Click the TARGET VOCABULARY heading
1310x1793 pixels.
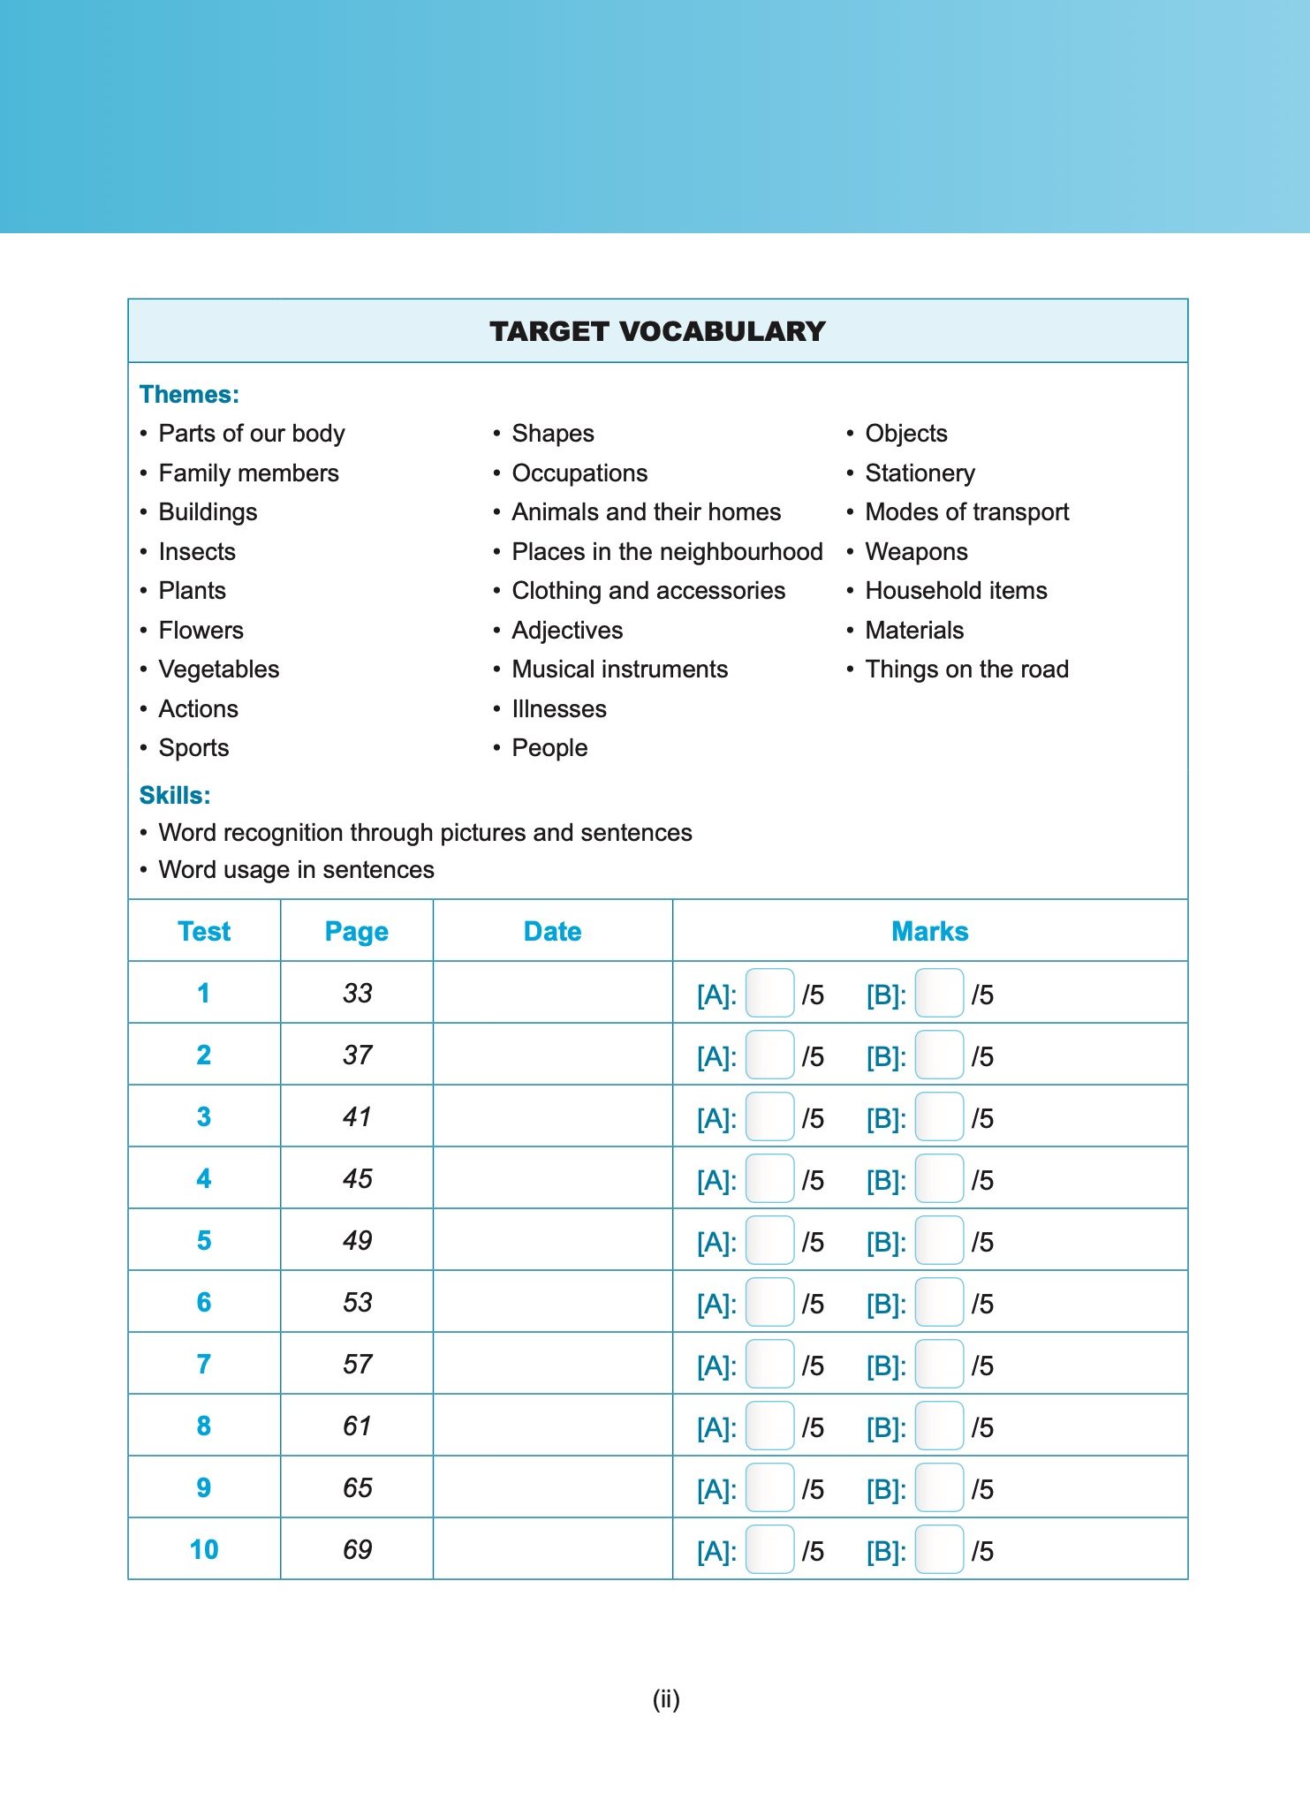657,331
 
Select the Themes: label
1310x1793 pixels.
189,394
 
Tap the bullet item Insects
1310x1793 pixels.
197,552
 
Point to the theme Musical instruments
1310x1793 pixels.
619,670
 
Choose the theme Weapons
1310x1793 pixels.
916,552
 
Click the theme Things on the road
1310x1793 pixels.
966,670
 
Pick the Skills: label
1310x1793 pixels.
175,795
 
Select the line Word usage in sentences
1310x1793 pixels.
296,870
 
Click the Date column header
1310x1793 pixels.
552,931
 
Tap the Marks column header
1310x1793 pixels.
929,931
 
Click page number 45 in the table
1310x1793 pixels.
357,1178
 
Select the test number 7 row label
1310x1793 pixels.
204,1364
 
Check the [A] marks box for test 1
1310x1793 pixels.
769,994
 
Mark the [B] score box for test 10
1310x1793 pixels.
939,1550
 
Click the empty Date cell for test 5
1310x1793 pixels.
552,1240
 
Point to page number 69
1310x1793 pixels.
357,1549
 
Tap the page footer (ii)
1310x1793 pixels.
666,1698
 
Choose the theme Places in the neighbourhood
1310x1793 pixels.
667,552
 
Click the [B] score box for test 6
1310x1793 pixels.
939,1303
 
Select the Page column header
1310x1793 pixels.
357,931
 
